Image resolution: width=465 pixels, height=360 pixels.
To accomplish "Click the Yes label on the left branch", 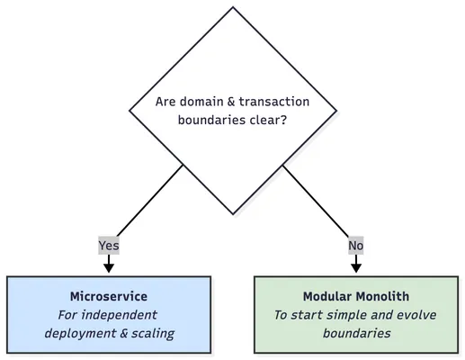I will [x=108, y=245].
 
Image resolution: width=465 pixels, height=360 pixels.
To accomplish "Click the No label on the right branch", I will [x=355, y=245].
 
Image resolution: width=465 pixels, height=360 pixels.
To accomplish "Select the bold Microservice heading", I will [x=108, y=296].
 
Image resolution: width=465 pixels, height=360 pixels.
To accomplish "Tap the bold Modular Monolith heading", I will [x=355, y=296].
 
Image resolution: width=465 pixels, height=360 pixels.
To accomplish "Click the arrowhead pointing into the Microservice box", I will [x=108, y=267].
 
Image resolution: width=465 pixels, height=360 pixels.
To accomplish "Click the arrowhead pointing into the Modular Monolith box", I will [x=355, y=267].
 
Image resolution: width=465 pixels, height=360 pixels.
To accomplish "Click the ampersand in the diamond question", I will [x=231, y=102].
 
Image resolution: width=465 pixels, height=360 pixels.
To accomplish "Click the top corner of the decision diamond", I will [x=233, y=8].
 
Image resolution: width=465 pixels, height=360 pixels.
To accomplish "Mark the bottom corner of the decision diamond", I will [x=233, y=214].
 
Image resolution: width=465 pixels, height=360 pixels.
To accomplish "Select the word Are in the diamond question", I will [x=166, y=102].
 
